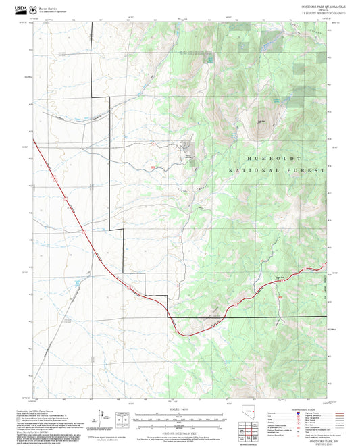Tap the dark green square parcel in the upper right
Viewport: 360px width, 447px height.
(237, 27)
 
